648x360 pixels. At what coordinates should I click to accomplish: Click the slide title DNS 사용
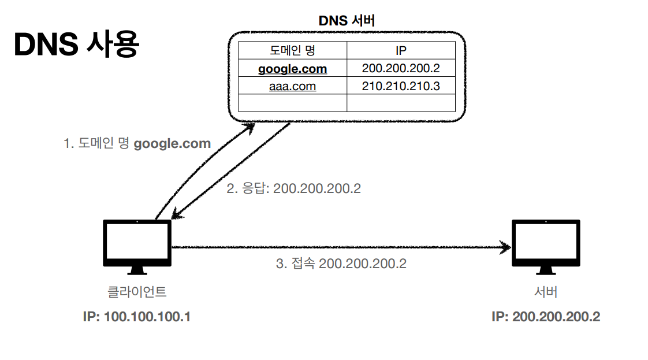76,46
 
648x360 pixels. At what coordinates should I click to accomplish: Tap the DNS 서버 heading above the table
347,21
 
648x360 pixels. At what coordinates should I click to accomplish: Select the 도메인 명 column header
292,50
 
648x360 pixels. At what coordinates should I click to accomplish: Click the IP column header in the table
401,50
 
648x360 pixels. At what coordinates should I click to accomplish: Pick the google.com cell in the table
292,69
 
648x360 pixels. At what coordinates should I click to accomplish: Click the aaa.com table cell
292,87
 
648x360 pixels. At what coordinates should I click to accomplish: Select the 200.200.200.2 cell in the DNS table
401,68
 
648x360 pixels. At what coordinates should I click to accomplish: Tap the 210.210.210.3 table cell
401,87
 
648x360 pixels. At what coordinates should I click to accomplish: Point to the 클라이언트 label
137,292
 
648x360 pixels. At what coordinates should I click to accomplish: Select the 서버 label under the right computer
545,292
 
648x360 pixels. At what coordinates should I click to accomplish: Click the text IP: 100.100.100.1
137,317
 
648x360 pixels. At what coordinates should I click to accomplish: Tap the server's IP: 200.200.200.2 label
545,317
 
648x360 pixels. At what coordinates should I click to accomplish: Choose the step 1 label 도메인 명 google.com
137,143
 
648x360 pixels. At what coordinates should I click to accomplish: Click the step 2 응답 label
293,188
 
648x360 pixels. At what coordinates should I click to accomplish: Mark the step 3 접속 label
341,263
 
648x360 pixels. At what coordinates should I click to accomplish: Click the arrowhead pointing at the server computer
507,248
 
